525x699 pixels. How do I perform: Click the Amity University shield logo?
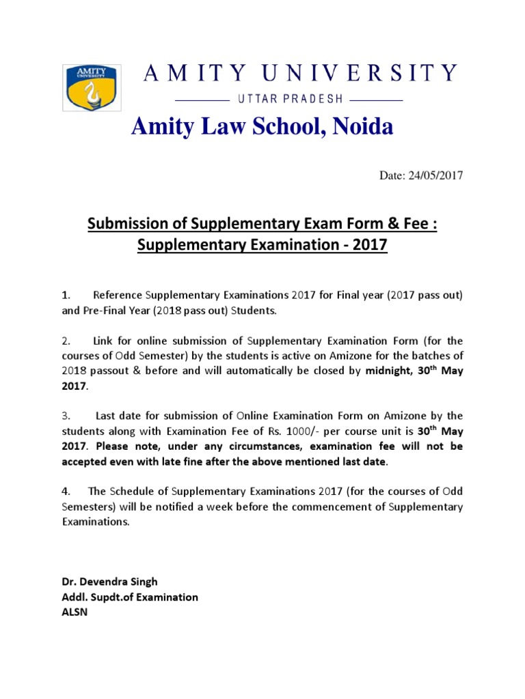click(x=92, y=87)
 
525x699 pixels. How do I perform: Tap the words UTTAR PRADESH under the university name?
click(x=290, y=99)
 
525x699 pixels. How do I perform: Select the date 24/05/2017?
click(x=435, y=175)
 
